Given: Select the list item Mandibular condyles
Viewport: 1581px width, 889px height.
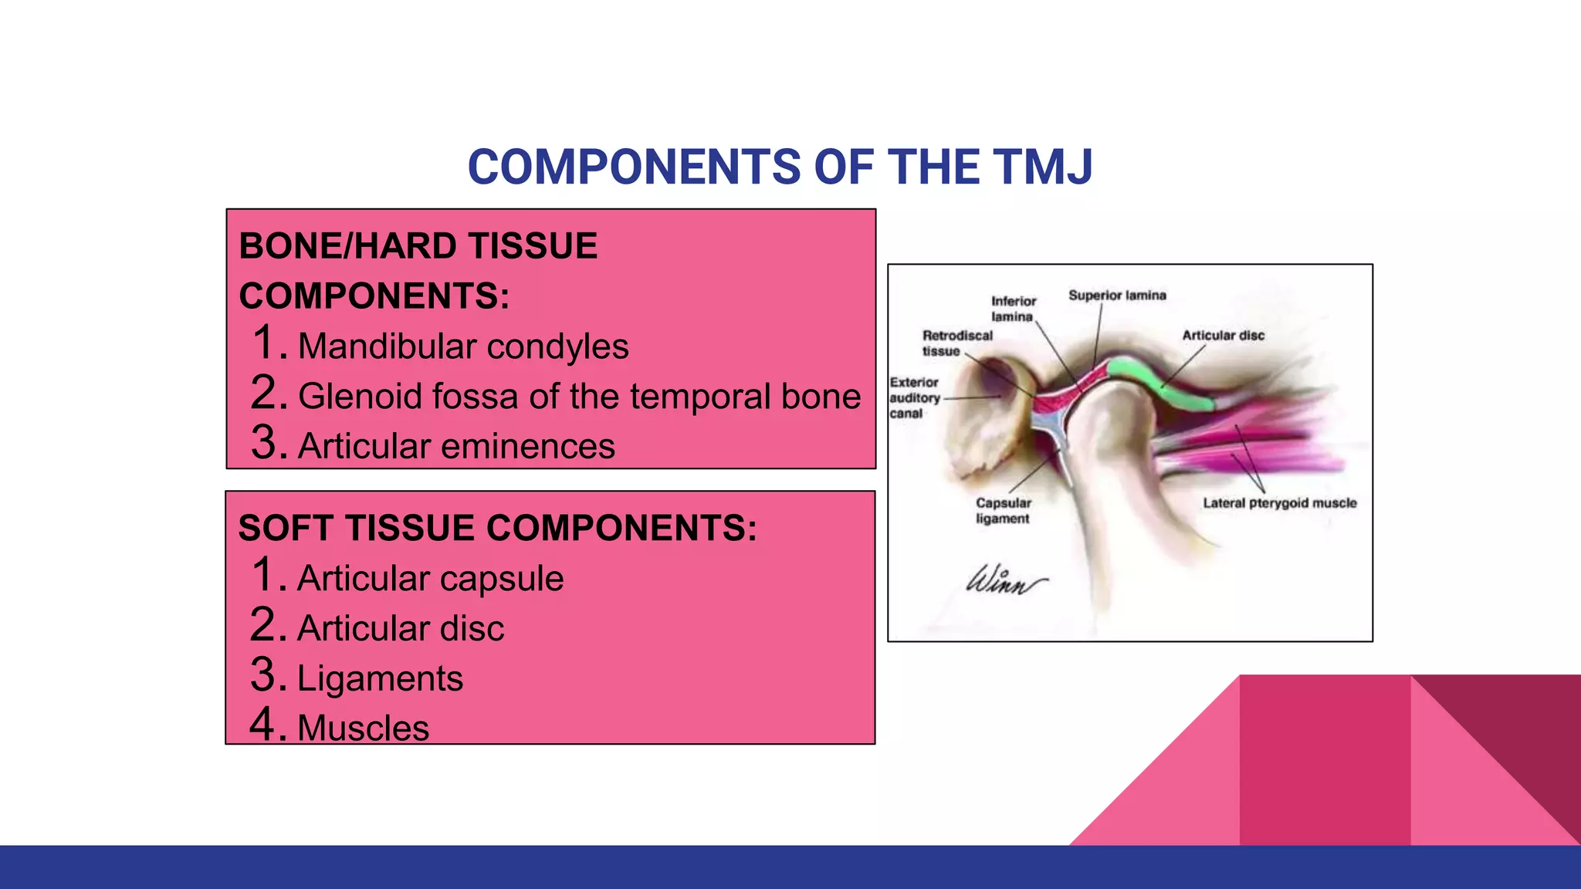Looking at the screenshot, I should tap(462, 346).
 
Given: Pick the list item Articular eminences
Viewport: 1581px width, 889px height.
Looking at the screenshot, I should tap(456, 446).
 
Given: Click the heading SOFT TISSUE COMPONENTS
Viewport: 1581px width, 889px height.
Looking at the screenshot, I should tap(497, 529).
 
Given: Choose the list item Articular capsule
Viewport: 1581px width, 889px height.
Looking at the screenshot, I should tap(430, 579).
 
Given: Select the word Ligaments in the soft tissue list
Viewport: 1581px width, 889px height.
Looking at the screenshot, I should tap(380, 679).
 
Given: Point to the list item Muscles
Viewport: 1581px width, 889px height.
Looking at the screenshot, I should tap(363, 728).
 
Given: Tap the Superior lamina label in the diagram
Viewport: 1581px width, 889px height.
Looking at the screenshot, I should tap(1116, 296).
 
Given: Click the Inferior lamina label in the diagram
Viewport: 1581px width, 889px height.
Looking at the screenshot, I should tap(1013, 309).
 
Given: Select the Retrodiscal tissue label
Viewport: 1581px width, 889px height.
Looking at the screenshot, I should tap(956, 343).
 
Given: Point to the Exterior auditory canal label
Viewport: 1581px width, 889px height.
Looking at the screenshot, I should tap(915, 397).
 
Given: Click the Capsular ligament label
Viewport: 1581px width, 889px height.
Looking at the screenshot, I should tap(1003, 510).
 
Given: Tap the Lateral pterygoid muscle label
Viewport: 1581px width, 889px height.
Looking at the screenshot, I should tap(1279, 503).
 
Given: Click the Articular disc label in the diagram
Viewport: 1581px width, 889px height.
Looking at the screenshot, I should tap(1223, 336).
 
